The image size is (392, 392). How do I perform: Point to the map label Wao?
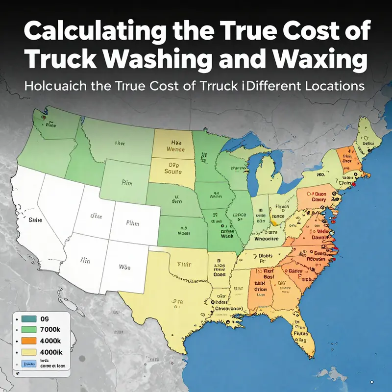[124, 268]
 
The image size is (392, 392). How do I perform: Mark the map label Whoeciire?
[264, 239]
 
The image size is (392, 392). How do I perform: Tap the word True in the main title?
[250, 33]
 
